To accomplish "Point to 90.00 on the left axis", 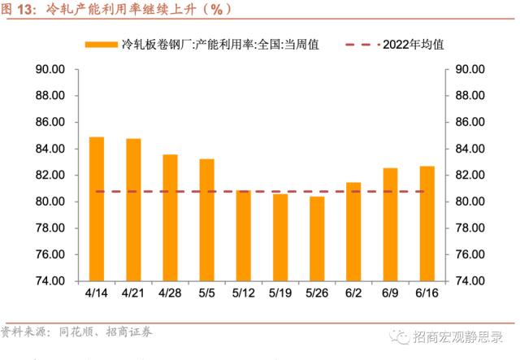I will [x=50, y=69].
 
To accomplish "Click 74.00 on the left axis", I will [x=50, y=280].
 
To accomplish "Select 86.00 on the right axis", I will [x=470, y=122].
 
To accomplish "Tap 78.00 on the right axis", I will [x=470, y=228].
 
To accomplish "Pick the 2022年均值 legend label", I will [x=413, y=44].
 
